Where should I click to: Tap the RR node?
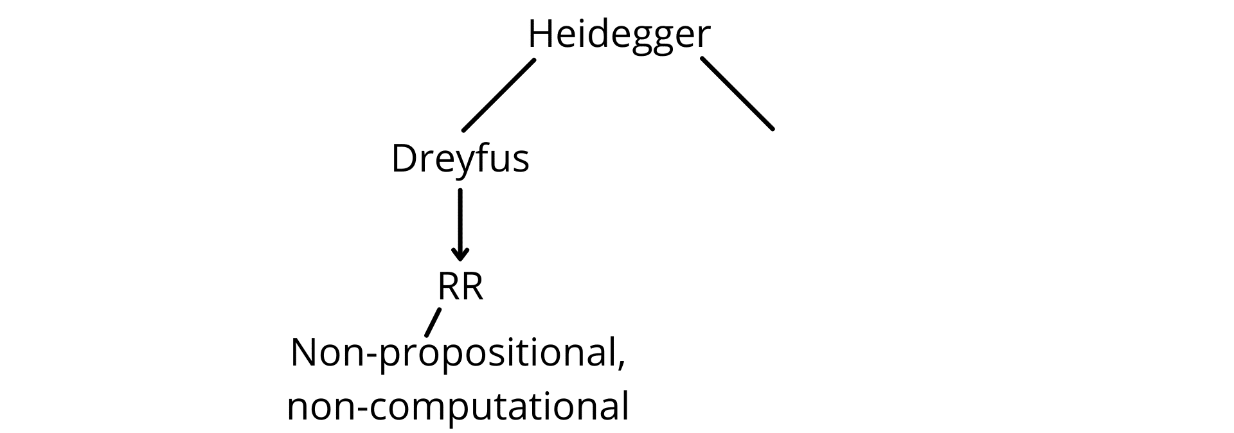click(x=460, y=287)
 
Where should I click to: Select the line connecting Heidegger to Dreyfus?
click(x=499, y=95)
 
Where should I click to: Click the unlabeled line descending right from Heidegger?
click(x=737, y=94)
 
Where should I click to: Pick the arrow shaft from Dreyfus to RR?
click(x=460, y=222)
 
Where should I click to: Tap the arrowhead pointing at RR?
click(x=460, y=255)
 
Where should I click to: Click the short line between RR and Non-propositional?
click(x=433, y=323)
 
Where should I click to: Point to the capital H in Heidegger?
click(x=539, y=34)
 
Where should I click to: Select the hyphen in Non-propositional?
click(x=368, y=357)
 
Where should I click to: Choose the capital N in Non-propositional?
click(x=303, y=353)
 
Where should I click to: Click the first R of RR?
click(x=449, y=287)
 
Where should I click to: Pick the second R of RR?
click(x=472, y=287)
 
